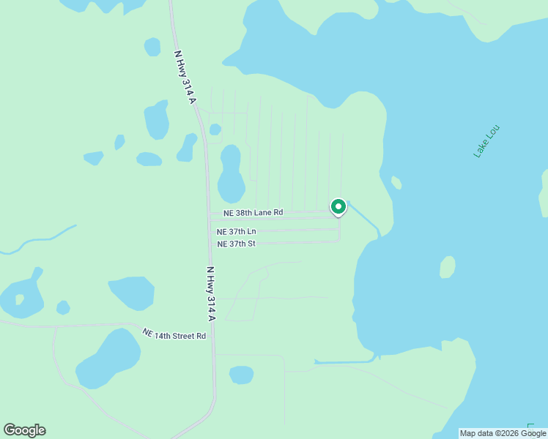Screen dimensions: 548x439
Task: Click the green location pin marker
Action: [338, 208]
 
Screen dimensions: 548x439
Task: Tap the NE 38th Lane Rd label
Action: [249, 213]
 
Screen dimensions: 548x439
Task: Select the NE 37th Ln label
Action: [236, 232]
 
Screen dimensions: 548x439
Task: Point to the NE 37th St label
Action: [236, 244]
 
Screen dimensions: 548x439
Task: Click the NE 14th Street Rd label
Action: [174, 334]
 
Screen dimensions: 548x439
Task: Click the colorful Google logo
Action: [24, 430]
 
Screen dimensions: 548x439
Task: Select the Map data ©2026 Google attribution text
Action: [503, 433]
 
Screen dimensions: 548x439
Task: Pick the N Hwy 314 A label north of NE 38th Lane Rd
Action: [185, 76]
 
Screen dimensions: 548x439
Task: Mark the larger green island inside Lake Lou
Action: [447, 267]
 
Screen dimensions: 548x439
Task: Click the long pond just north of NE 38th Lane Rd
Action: [231, 174]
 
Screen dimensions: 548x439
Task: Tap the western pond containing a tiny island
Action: [21, 296]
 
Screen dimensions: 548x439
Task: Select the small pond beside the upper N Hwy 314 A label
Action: [152, 47]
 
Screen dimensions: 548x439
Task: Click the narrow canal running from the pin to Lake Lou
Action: [364, 220]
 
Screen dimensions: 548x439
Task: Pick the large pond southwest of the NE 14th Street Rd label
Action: [108, 359]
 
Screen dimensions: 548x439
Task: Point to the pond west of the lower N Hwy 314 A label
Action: [132, 293]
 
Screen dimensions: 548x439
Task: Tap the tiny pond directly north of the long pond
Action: [215, 130]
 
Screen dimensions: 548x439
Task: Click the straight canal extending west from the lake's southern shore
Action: [344, 361]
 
